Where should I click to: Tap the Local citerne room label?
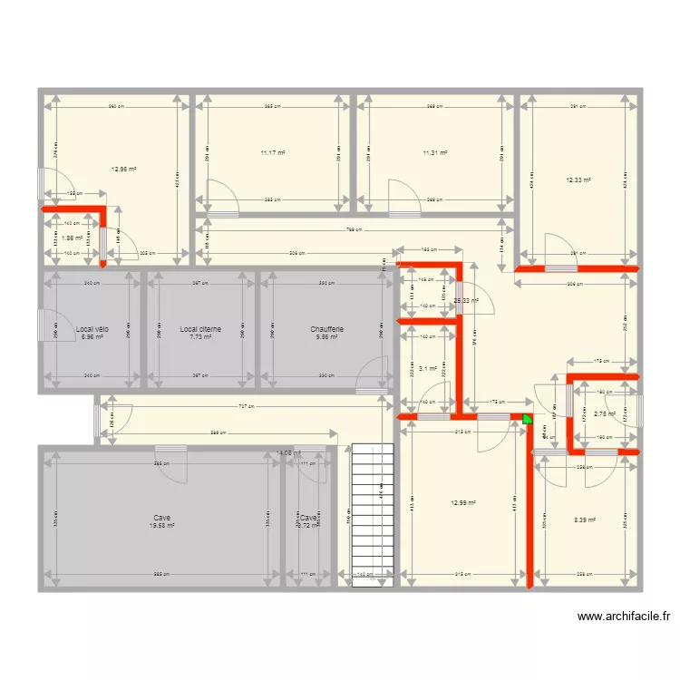coord(200,329)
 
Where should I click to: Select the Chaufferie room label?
coord(326,329)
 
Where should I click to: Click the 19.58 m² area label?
coord(162,525)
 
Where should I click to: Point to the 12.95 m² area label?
coord(124,169)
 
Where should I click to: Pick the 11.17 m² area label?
coord(272,153)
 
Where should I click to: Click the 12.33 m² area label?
coord(578,180)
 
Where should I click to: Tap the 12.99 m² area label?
coord(463,503)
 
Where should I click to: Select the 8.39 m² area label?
coord(586,520)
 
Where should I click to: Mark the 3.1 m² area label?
coord(428,368)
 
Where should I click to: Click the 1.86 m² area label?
coord(72,238)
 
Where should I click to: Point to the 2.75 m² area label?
coord(605,413)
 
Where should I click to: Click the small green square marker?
coord(528,421)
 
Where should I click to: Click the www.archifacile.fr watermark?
coord(625,617)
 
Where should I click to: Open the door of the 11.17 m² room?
coord(221,199)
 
